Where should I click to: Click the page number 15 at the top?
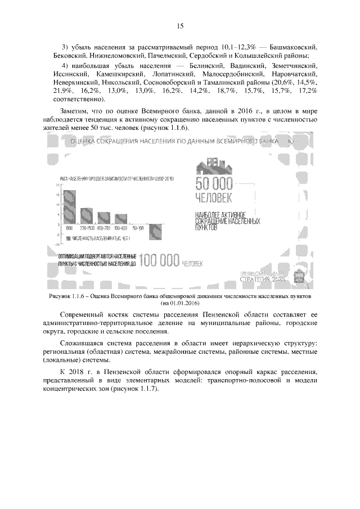coord(180,25)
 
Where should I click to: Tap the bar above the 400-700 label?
coord(103,219)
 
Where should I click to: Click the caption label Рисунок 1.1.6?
coord(68,295)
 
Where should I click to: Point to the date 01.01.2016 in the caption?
coord(183,303)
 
